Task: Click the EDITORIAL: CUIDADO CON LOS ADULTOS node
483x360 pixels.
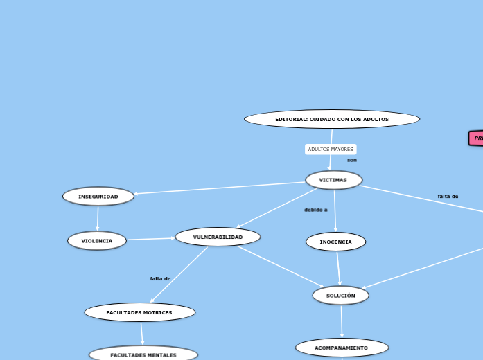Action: click(x=332, y=119)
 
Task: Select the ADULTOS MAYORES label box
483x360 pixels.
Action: click(x=331, y=149)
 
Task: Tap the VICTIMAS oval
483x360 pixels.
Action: click(x=333, y=180)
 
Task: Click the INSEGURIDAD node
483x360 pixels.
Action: click(x=98, y=197)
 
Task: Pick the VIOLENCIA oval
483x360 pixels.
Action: click(x=97, y=241)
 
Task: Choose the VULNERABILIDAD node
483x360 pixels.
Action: click(x=218, y=237)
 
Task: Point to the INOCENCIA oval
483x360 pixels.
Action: click(x=335, y=242)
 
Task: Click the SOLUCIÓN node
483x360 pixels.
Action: click(x=340, y=296)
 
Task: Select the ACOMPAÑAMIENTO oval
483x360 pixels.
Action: click(x=342, y=348)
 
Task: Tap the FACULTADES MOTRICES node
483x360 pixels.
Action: click(x=139, y=312)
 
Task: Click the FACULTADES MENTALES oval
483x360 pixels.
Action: click(x=143, y=354)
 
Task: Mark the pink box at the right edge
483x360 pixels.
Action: click(x=476, y=138)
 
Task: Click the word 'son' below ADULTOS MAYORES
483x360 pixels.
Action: click(x=352, y=160)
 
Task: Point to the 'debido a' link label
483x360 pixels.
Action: click(x=316, y=209)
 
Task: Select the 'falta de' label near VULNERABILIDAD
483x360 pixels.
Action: click(x=160, y=278)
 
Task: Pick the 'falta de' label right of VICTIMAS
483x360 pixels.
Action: click(x=448, y=196)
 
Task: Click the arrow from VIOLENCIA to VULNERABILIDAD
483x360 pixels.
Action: click(x=151, y=239)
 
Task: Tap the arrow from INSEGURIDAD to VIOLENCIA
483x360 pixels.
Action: click(x=98, y=219)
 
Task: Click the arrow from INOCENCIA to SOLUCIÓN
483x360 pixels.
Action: click(x=338, y=269)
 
